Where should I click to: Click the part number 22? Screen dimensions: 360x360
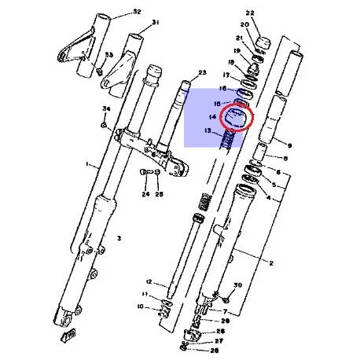point(250,13)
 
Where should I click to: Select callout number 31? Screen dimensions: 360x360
point(155,22)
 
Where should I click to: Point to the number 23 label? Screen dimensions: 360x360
point(202,72)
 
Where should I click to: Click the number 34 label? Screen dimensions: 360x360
point(105,108)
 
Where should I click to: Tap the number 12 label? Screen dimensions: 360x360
point(148,281)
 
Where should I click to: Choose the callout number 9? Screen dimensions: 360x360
point(290,145)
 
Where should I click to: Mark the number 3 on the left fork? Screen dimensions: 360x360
point(119,237)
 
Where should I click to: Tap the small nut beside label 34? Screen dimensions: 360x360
point(104,123)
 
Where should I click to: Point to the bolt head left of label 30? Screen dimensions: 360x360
point(225,296)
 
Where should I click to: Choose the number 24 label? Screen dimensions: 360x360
point(145,193)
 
